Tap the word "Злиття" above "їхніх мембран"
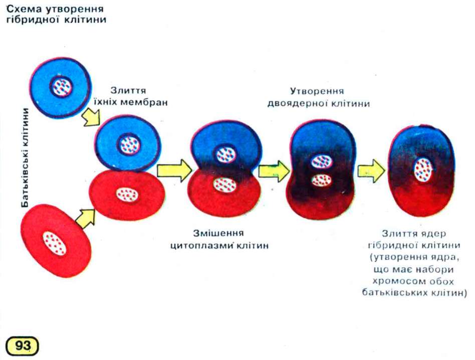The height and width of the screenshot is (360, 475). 129,91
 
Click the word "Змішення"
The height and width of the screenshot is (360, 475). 218,233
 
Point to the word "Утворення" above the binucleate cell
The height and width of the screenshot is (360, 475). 317,92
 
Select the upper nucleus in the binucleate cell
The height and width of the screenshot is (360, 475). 321,161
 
